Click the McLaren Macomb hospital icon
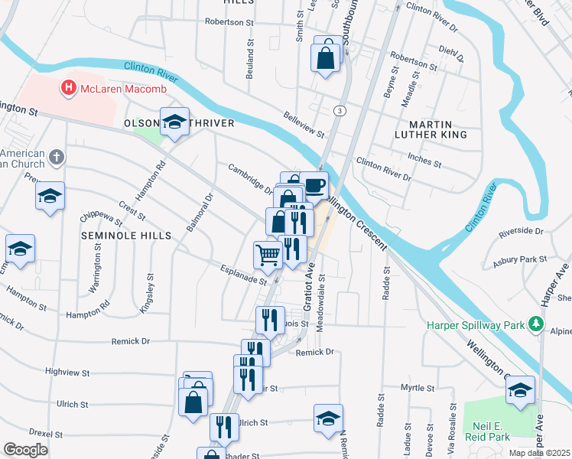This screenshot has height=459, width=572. [x=69, y=89]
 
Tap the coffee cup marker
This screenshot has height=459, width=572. [x=314, y=184]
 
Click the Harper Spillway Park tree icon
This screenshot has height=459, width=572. [x=537, y=325]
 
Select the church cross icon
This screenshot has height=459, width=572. [x=55, y=158]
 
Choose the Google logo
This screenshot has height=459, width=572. [x=27, y=450]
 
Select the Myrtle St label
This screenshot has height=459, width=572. [x=418, y=388]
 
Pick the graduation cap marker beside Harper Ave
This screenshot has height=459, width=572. [x=520, y=391]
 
